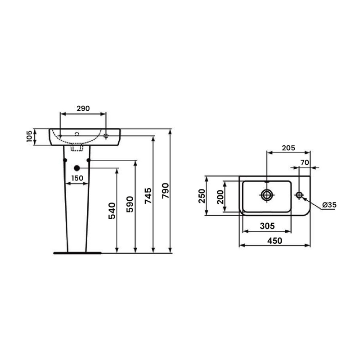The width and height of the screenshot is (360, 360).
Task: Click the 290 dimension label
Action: point(83,108)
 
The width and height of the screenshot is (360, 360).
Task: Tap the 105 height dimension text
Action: point(30,136)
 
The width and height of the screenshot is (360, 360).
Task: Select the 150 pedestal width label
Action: point(77,178)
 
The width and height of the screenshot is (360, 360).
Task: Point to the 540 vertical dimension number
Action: point(112,211)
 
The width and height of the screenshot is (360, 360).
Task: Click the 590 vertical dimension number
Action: point(130,204)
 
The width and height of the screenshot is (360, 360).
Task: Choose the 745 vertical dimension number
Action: point(148,196)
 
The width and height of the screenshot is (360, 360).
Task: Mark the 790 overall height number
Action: point(165,191)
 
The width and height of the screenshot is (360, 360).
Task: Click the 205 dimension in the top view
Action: point(288,148)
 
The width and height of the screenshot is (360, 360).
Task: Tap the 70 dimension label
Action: point(305,162)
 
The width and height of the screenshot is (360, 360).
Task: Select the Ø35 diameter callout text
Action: point(329,205)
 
